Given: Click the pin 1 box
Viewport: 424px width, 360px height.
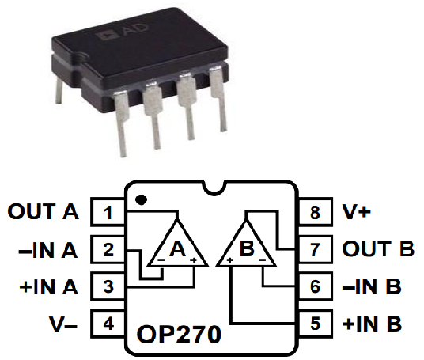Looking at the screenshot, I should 108,213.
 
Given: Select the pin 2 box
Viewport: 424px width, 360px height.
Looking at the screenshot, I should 108,250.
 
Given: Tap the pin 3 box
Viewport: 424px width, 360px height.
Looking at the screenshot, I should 108,286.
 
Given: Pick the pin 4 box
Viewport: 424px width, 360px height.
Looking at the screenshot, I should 108,324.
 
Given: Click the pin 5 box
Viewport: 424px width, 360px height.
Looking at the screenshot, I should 316,324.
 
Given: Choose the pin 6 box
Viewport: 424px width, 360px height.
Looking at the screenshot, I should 316,286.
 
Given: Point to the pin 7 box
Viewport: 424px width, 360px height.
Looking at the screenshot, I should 316,250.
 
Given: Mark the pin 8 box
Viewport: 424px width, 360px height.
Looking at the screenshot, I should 316,213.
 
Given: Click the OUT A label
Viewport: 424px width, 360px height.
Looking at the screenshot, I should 44,213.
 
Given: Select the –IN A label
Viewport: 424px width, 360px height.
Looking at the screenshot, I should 47,250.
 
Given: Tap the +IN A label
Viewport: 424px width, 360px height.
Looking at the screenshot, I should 47,286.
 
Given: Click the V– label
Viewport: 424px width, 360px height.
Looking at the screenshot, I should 62,324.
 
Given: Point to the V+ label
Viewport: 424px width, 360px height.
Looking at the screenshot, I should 358,213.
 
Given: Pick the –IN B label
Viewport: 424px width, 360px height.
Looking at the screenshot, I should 373,286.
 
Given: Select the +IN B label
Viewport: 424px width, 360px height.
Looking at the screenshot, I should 373,324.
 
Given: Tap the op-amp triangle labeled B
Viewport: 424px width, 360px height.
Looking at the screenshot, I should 246,245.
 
